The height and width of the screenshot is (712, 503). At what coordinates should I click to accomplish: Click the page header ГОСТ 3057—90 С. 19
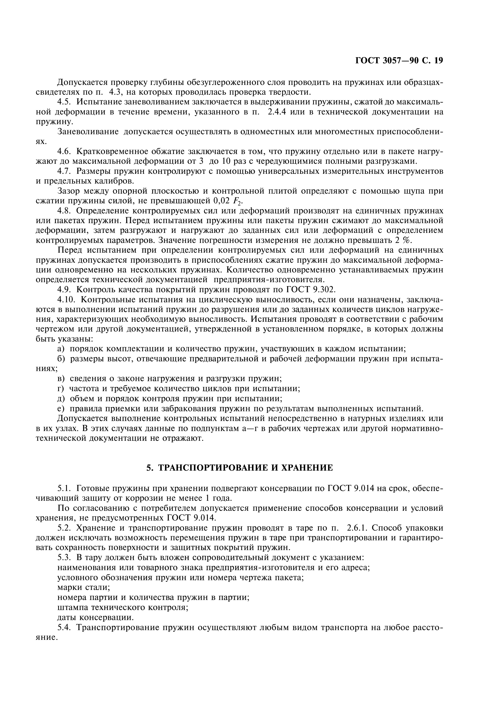pos(399,61)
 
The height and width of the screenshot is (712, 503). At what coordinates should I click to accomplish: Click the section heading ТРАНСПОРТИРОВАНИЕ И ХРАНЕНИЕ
pos(239,468)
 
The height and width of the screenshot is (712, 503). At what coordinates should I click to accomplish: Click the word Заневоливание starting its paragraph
pos(88,132)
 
